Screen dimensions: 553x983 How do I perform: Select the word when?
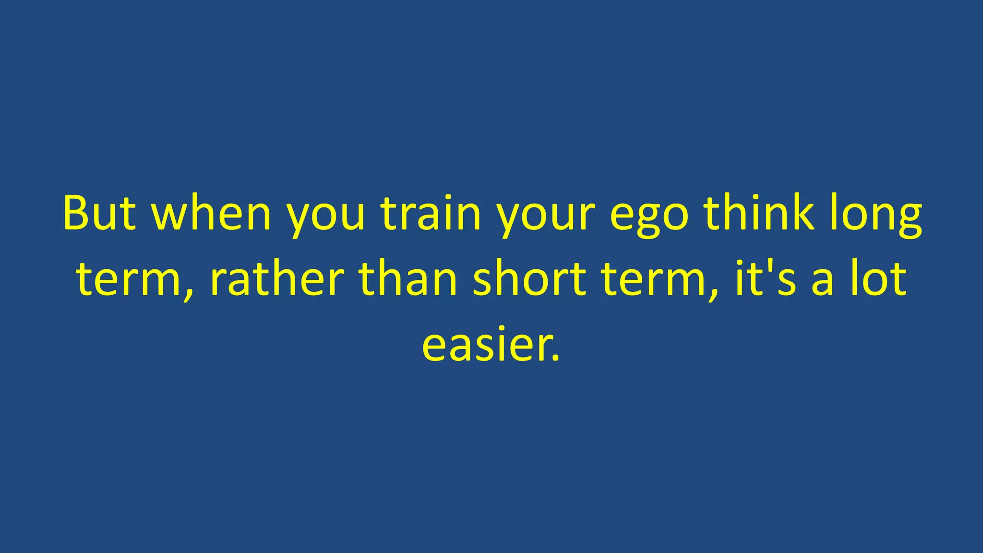212,213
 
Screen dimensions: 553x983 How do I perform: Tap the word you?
326,216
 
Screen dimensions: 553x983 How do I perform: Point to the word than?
408,278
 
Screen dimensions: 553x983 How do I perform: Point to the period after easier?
556,357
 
